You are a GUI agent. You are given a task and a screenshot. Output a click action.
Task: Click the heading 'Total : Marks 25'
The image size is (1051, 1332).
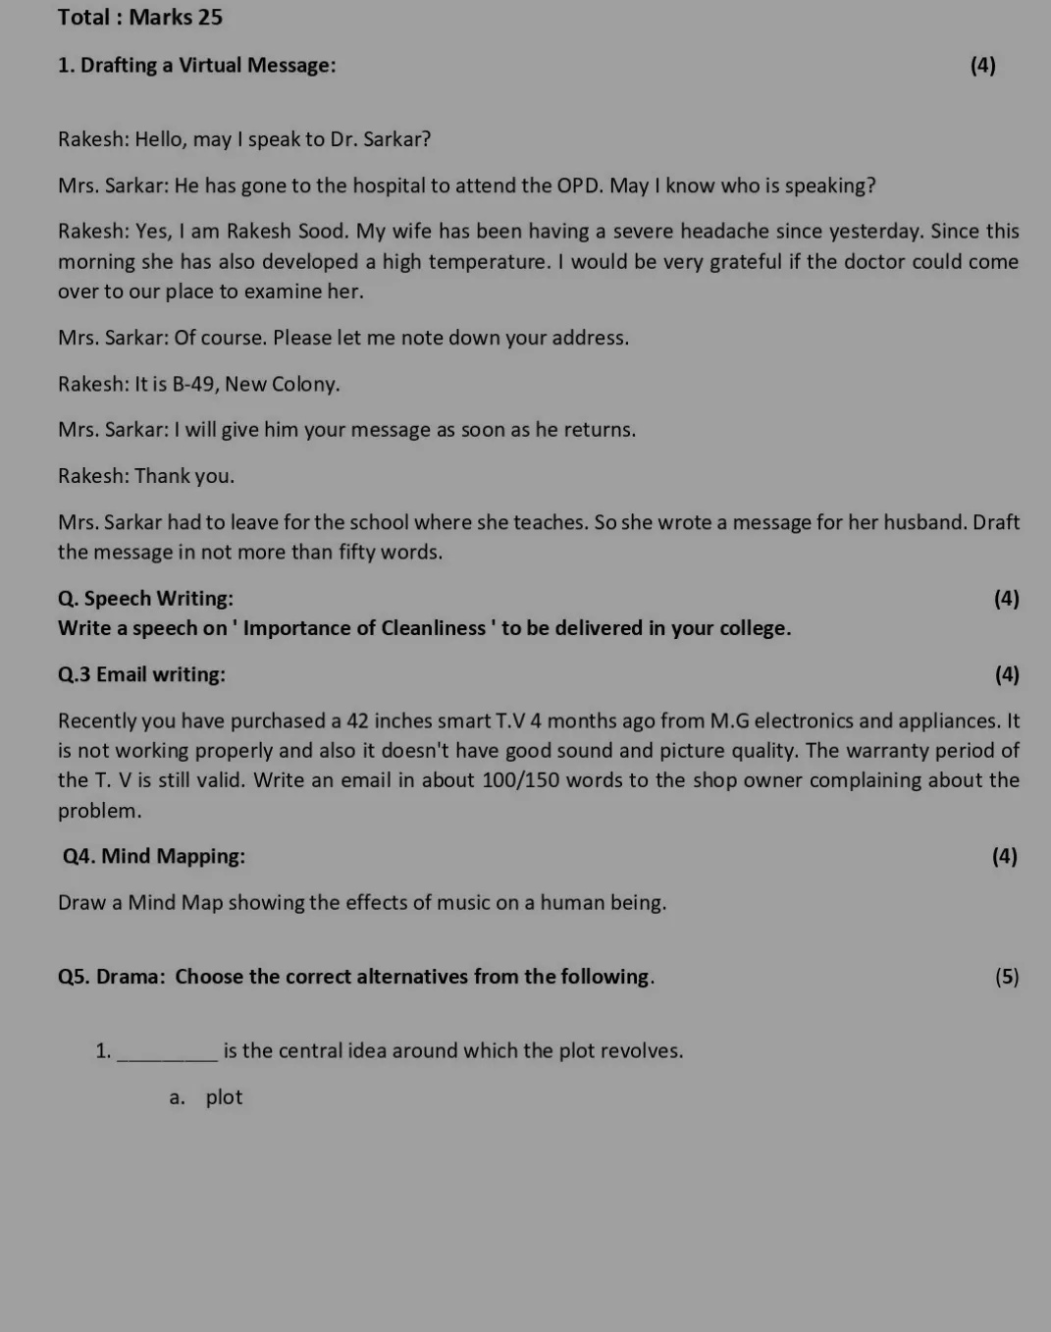[x=140, y=18]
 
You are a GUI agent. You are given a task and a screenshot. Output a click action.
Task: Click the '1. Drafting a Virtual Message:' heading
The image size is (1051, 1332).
[x=196, y=66]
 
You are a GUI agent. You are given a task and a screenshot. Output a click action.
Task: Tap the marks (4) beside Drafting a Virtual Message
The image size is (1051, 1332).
[x=982, y=66]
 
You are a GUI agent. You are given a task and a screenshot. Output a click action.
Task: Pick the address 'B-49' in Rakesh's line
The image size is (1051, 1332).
[x=193, y=384]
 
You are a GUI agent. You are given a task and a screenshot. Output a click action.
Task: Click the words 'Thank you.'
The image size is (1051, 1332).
[x=184, y=476]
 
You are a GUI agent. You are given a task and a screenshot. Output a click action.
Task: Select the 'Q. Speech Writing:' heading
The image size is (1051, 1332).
[x=145, y=599]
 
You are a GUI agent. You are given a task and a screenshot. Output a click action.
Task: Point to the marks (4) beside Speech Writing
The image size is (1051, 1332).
[x=1006, y=599]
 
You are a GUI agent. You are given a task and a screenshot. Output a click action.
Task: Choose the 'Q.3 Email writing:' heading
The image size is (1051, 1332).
[x=141, y=674]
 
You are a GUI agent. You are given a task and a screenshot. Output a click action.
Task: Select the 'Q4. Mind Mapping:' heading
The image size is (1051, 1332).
[x=154, y=856]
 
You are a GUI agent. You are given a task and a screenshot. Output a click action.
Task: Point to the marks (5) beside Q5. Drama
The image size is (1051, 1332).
[x=1006, y=977]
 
